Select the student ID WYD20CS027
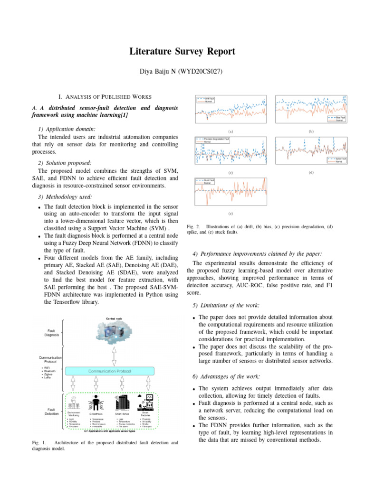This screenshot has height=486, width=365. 200,72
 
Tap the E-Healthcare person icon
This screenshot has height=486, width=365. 96,402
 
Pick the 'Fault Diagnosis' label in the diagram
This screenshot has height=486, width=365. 51,332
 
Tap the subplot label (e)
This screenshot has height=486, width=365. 231,214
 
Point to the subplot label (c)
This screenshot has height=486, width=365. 231,173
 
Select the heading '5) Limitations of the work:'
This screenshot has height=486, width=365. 226,304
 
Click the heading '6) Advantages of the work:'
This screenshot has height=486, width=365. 226,376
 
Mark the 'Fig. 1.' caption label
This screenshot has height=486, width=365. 38,442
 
